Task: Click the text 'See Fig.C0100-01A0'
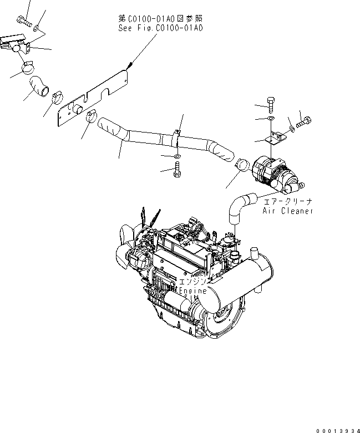160,27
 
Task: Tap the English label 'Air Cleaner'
288,211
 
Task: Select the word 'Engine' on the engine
192,291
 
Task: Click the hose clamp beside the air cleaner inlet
241,165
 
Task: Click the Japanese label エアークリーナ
288,202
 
